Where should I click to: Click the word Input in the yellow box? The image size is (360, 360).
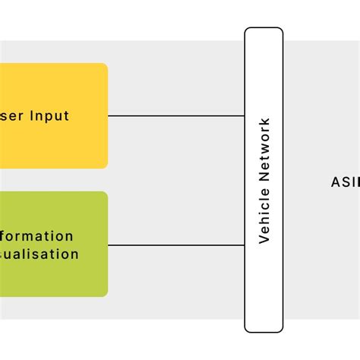(x=50, y=116)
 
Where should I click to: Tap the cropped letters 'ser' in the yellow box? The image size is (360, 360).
(x=14, y=116)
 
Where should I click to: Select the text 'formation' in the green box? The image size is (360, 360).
(x=37, y=236)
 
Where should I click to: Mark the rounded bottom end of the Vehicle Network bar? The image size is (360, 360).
(x=264, y=330)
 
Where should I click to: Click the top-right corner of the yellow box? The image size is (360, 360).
(x=106, y=66)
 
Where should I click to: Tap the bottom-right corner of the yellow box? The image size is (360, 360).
(x=106, y=166)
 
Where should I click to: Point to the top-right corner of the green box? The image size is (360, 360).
(x=106, y=194)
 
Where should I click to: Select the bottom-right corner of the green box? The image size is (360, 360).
(x=106, y=294)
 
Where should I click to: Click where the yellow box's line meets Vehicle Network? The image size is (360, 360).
(x=245, y=116)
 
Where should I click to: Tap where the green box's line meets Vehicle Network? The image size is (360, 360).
(x=245, y=245)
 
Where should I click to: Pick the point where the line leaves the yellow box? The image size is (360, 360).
(x=109, y=116)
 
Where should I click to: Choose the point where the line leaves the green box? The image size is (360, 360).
(x=109, y=245)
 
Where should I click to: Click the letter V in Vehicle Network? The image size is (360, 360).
(x=264, y=238)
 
